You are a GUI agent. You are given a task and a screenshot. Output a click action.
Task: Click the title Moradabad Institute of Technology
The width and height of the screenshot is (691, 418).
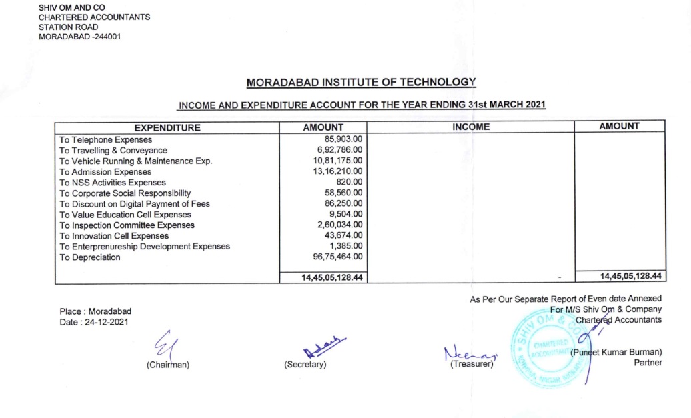(361, 83)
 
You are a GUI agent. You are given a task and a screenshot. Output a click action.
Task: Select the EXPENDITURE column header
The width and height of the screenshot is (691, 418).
(167, 127)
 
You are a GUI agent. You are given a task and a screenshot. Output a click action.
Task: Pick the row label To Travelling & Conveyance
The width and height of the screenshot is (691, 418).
(113, 151)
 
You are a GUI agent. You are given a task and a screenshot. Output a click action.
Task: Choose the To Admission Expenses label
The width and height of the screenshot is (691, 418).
(105, 172)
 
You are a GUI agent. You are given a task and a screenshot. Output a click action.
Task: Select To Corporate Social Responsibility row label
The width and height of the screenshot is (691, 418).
(125, 193)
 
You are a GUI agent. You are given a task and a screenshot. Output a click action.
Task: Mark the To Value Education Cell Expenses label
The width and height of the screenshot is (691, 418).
(125, 215)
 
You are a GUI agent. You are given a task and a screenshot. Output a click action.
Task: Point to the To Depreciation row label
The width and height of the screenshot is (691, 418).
(90, 257)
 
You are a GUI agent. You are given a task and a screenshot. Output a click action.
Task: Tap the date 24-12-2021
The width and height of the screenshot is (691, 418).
(107, 322)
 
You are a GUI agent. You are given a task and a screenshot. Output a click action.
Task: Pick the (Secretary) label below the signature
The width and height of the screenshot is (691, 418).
(305, 365)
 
